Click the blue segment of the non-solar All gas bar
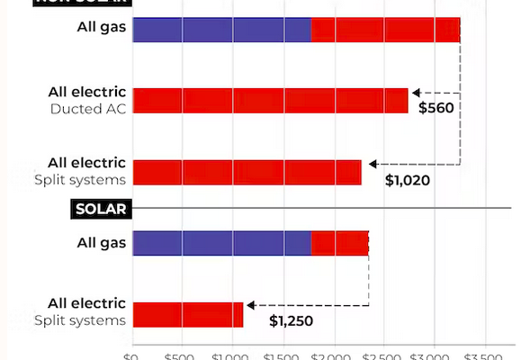(x=221, y=30)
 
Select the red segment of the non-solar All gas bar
(x=385, y=30)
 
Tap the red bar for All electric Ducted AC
(x=270, y=100)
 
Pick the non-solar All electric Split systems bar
(x=247, y=172)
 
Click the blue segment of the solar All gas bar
(x=221, y=243)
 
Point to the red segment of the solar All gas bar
(x=339, y=243)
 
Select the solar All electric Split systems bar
(x=188, y=314)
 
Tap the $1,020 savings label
(x=408, y=180)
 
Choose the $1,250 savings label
(x=292, y=320)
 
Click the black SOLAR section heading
(x=101, y=210)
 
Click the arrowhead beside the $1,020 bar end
(x=367, y=164)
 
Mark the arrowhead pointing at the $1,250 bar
(x=249, y=306)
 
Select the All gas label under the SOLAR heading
(x=101, y=243)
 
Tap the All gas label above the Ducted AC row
(x=101, y=26)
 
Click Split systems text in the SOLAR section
(x=80, y=320)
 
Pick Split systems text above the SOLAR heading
(x=80, y=179)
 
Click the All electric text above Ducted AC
(x=86, y=93)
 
